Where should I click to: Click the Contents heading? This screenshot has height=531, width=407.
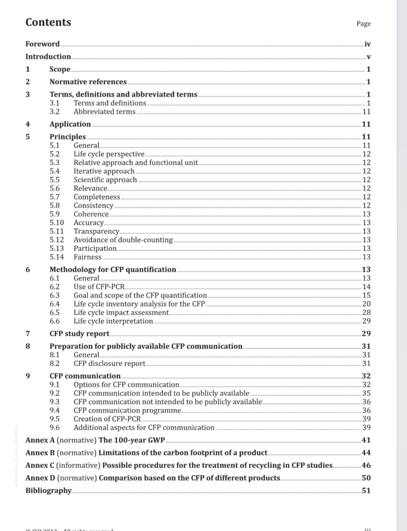48,22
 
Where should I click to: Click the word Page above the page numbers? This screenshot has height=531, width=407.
363,23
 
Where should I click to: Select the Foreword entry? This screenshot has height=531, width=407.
43,44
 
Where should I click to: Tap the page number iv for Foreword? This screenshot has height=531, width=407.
368,44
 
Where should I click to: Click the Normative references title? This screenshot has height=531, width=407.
88,82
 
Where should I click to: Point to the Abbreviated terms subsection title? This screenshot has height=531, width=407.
104,112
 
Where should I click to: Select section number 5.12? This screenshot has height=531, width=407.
57,240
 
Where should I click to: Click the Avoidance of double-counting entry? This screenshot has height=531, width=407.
123,240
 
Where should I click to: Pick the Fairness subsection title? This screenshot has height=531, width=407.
87,257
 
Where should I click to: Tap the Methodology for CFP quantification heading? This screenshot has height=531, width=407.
113,269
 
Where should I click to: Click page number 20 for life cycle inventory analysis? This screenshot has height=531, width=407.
366,304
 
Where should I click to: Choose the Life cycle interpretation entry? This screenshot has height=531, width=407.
113,321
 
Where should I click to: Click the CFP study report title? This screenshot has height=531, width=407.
79,333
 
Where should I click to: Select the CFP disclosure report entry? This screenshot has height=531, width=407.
109,364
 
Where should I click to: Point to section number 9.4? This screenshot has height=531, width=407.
55,410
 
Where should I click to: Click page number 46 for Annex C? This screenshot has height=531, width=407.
366,465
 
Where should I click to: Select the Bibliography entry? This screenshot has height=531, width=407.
48,491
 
